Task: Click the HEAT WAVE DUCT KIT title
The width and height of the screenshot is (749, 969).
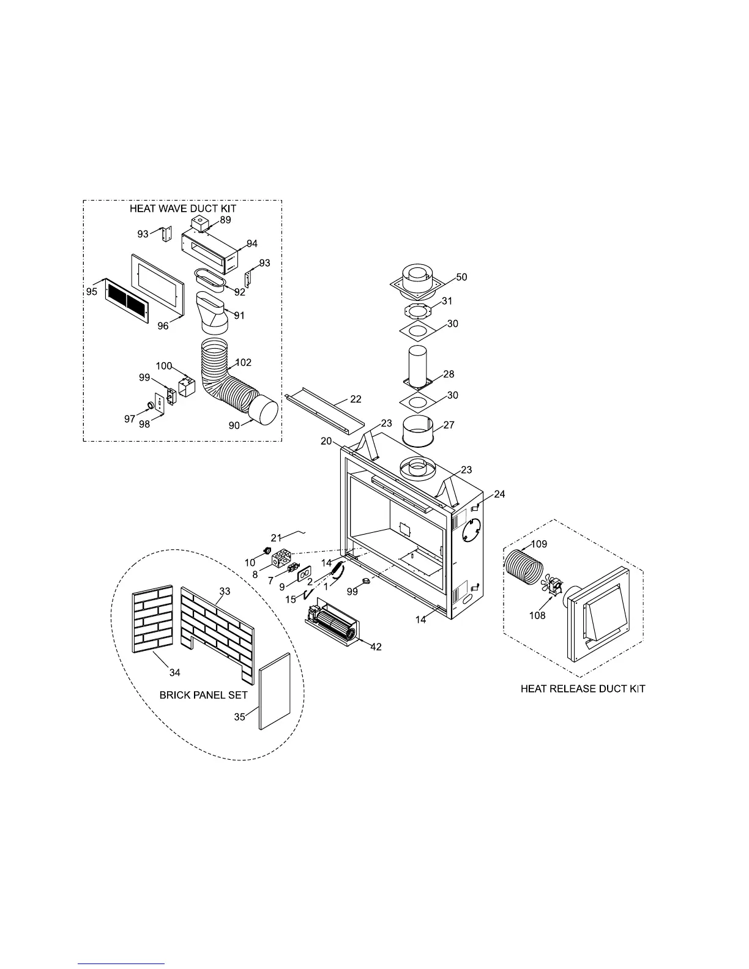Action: coord(182,209)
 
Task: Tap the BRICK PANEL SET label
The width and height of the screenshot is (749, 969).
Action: coord(203,695)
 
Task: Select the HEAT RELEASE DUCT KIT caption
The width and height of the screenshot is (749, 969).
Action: coord(583,689)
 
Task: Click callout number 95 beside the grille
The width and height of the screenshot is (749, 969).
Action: coord(92,292)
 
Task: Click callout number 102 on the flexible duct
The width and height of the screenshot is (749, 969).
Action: coord(244,362)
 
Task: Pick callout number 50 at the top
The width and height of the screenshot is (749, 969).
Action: coord(461,277)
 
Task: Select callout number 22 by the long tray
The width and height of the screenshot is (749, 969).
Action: coord(356,399)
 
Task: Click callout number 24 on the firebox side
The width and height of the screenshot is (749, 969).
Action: coord(500,494)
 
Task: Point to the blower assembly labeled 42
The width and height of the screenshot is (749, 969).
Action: coord(334,624)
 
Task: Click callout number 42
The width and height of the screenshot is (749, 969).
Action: coord(376,647)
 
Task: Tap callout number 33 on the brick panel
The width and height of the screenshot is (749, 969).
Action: coord(225,592)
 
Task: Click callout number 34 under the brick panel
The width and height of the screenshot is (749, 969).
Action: coord(175,672)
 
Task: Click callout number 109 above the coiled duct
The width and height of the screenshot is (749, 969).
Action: coord(539,544)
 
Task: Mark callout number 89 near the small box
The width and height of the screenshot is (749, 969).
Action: coord(225,220)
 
